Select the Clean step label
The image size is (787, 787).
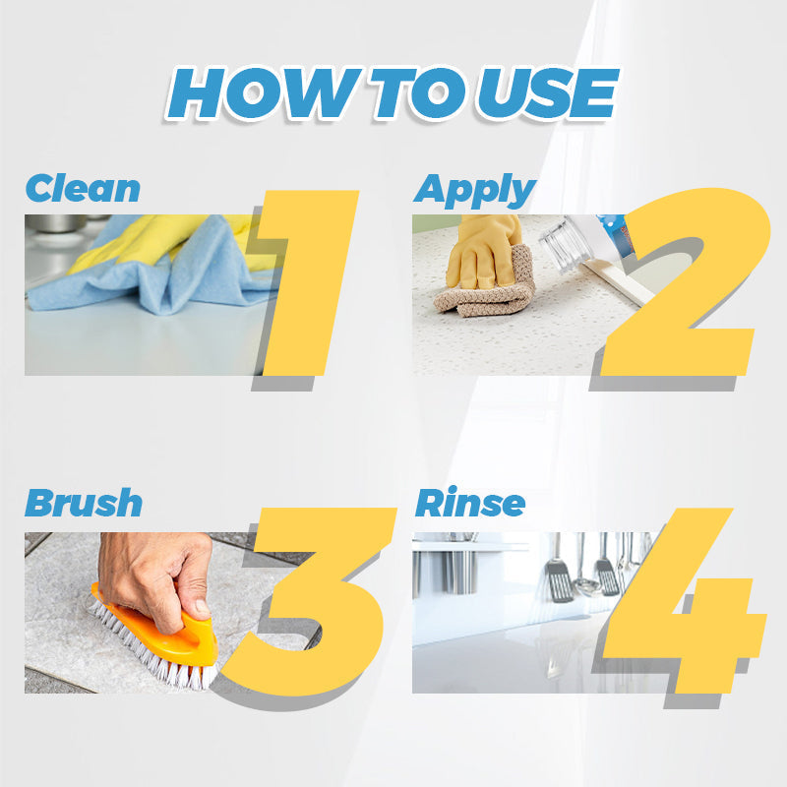tap(83, 188)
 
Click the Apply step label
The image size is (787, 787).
tap(474, 190)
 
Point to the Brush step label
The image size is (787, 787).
tap(84, 503)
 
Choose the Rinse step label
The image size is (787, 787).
tap(469, 503)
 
